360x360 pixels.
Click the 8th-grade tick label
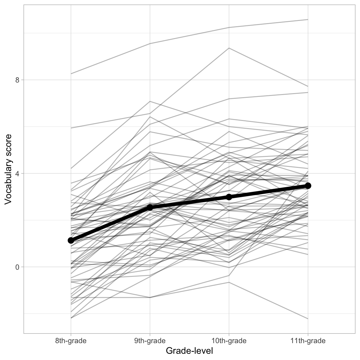[x=71, y=341]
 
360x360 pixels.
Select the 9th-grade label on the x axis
[x=150, y=341]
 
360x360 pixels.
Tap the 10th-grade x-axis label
[x=229, y=341]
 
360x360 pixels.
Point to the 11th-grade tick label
[x=308, y=341]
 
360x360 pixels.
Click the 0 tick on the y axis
[x=17, y=267]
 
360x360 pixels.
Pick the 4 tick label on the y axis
[x=17, y=173]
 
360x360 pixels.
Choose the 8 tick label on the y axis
[x=17, y=80]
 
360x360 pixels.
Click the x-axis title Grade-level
[x=189, y=351]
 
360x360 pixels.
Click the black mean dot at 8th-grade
[x=71, y=240]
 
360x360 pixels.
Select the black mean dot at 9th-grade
[x=150, y=207]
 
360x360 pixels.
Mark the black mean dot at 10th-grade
[x=229, y=197]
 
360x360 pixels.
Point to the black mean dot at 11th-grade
[x=308, y=186]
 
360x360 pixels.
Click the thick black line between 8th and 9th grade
[x=110, y=224]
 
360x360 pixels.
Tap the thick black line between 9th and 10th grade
[x=189, y=202]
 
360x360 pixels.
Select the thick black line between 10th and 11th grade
[x=268, y=191]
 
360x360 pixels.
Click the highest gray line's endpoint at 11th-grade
[x=308, y=19]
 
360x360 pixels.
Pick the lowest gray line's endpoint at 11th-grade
[x=308, y=319]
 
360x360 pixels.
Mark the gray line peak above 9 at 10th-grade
[x=229, y=48]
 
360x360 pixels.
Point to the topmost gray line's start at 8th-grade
[x=71, y=74]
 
